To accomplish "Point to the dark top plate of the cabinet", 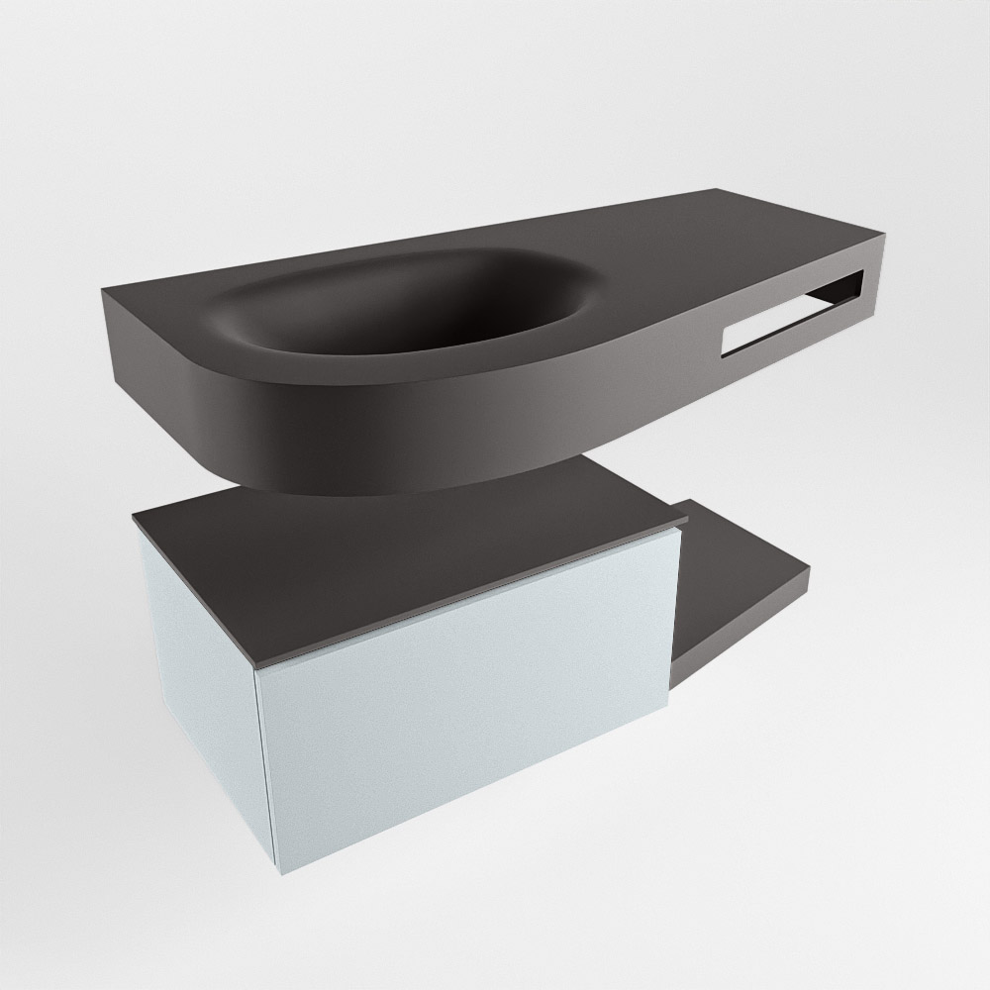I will pos(396,554).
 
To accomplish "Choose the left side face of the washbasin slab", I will pos(148,342).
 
